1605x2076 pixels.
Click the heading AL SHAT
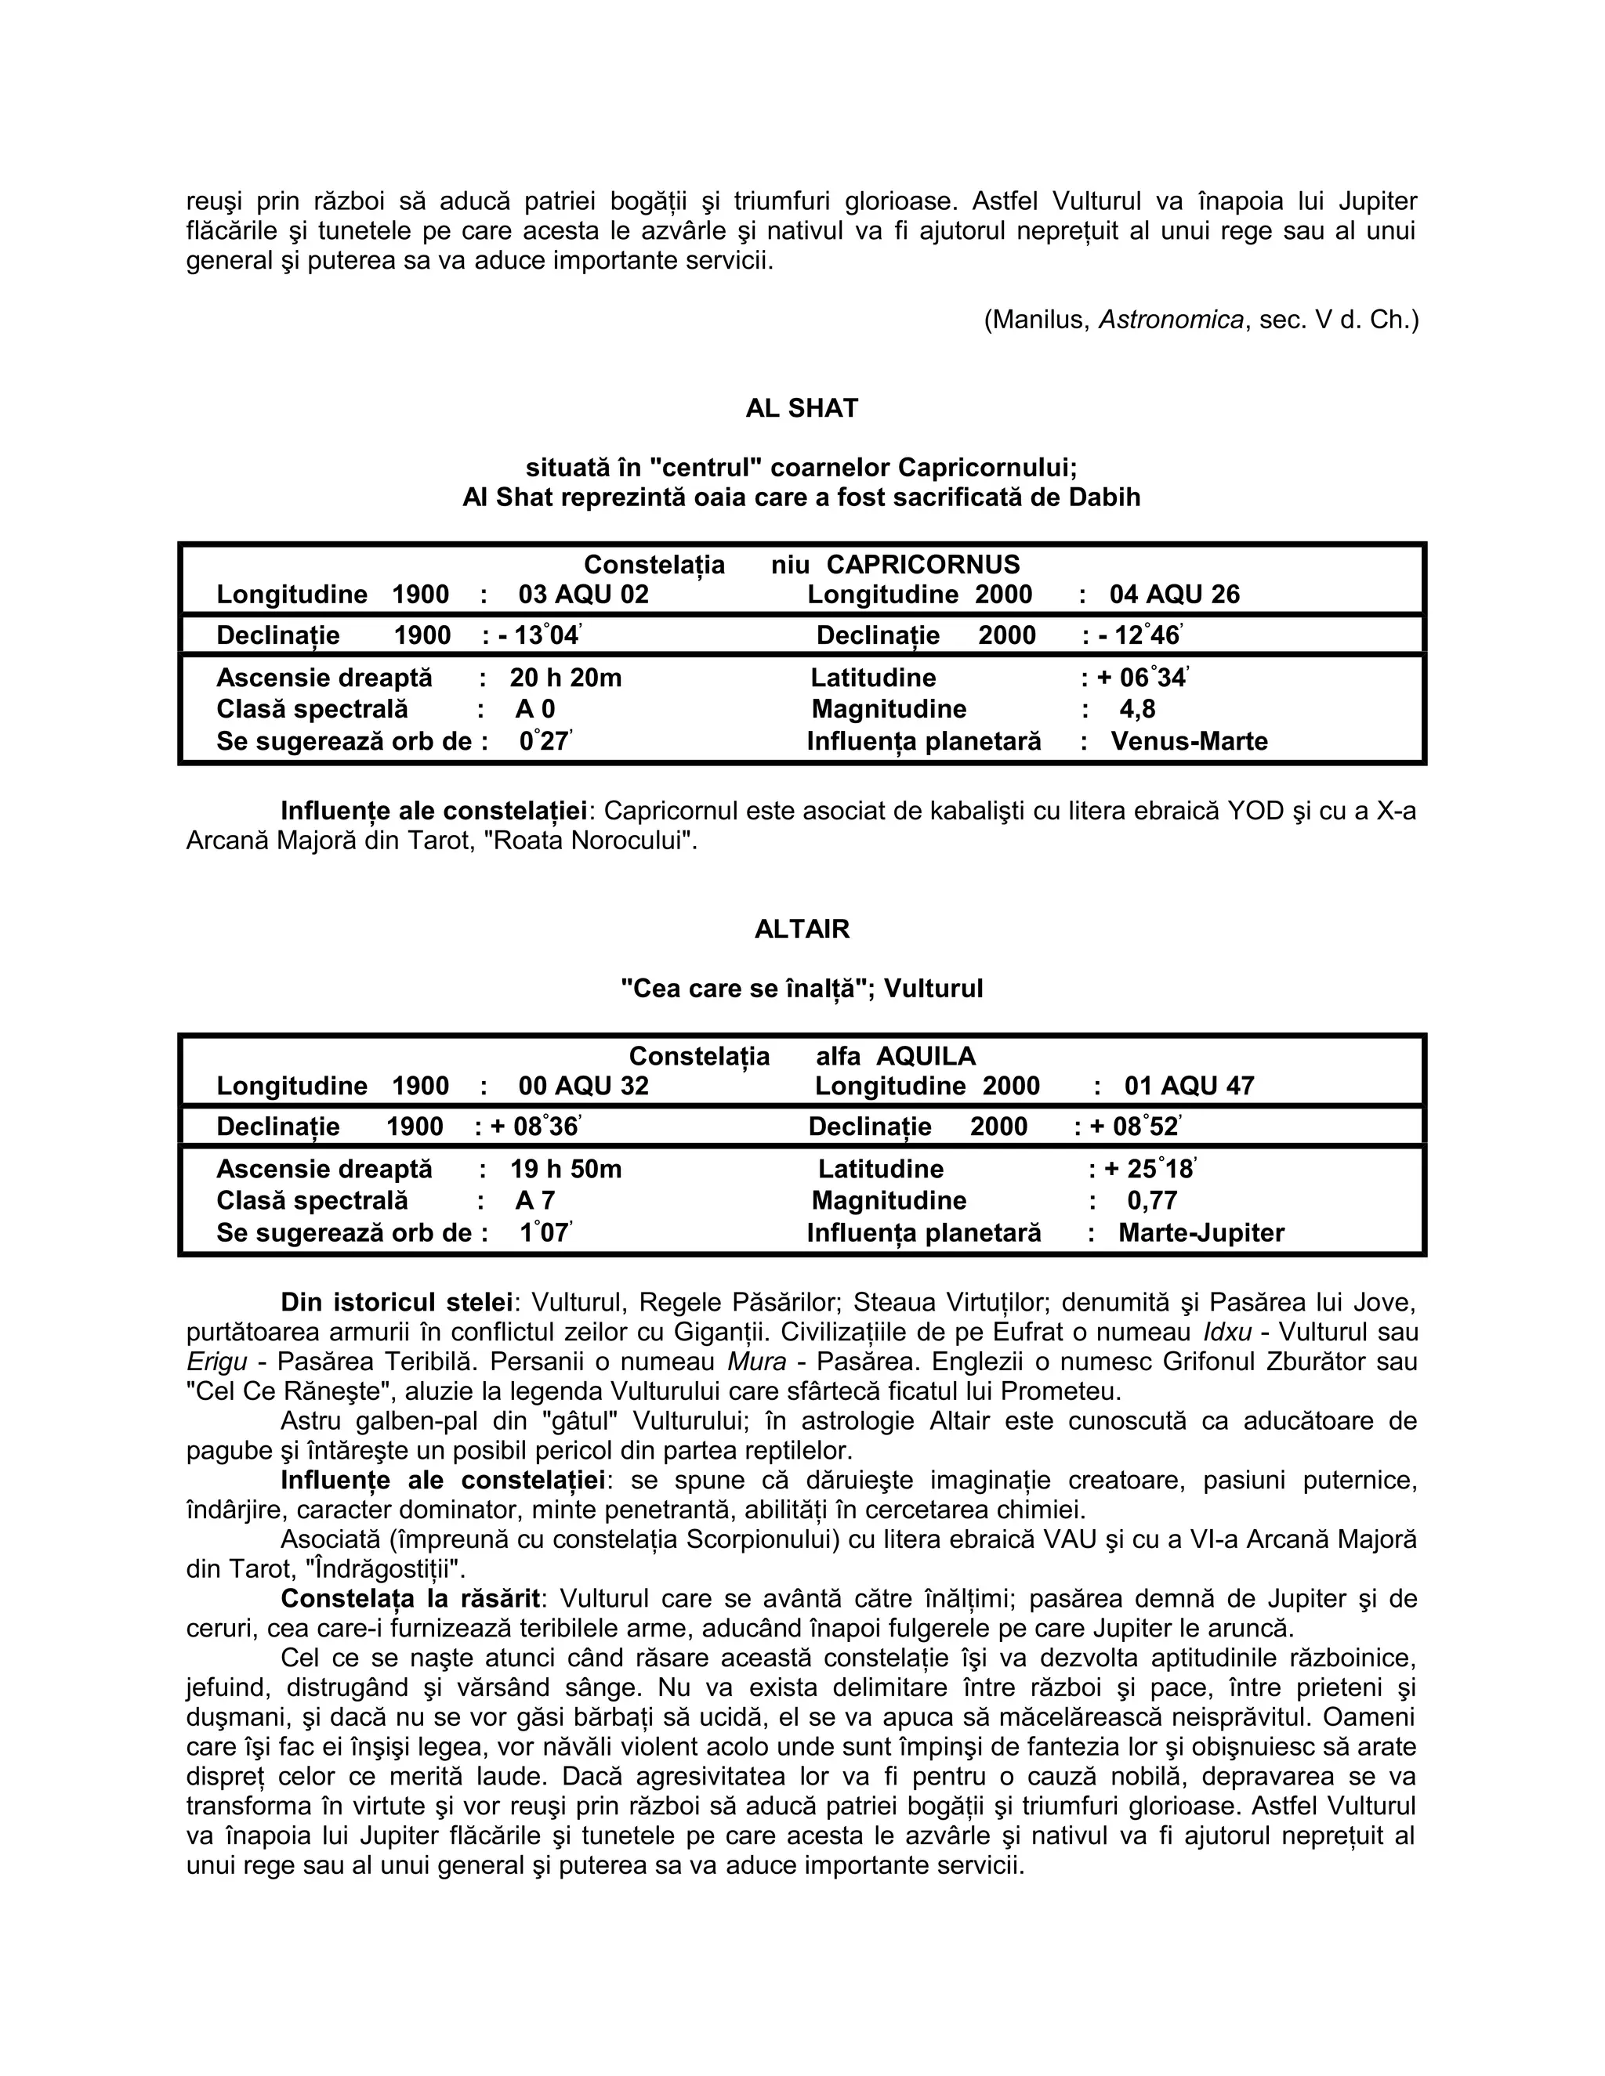[802, 409]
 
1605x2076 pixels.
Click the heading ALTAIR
[802, 928]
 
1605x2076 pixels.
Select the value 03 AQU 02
[583, 595]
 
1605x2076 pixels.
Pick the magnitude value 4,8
[1137, 709]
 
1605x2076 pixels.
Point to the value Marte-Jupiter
[1201, 1233]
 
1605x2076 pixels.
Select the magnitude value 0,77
[1152, 1200]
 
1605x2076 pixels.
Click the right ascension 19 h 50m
[566, 1169]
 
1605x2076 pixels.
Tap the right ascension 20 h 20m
[566, 678]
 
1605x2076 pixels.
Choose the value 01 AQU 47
[1189, 1086]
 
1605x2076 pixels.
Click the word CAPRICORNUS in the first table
[922, 565]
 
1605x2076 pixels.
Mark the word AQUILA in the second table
[926, 1056]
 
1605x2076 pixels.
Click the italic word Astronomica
[1172, 320]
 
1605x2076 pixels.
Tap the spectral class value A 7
[535, 1200]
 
